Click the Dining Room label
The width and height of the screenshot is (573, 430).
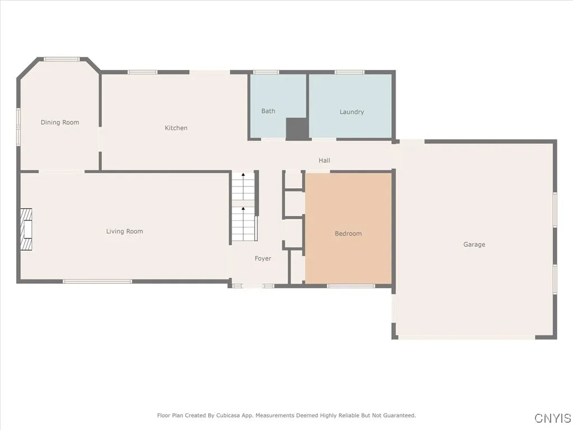pos(60,123)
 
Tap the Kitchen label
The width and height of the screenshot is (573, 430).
pos(176,128)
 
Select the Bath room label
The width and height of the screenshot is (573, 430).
pos(268,111)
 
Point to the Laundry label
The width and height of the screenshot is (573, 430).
pos(351,112)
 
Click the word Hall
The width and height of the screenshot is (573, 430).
pos(324,161)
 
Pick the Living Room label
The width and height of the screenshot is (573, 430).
pos(124,231)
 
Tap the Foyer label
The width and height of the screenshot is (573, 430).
pos(262,259)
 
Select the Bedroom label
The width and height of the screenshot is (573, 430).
pos(348,233)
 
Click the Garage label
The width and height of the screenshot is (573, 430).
pos(474,245)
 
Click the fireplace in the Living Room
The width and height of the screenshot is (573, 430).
pos(26,230)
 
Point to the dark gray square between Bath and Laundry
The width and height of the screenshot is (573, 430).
pos(297,129)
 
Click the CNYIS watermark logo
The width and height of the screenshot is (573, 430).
pos(553,418)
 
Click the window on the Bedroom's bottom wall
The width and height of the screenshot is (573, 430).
pos(351,286)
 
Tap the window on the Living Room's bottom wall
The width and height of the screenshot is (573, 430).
pos(97,281)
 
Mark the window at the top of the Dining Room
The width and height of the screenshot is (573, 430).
pos(62,58)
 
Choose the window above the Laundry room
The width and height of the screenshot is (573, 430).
pos(350,72)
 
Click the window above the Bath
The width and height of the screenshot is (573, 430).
pos(266,72)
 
